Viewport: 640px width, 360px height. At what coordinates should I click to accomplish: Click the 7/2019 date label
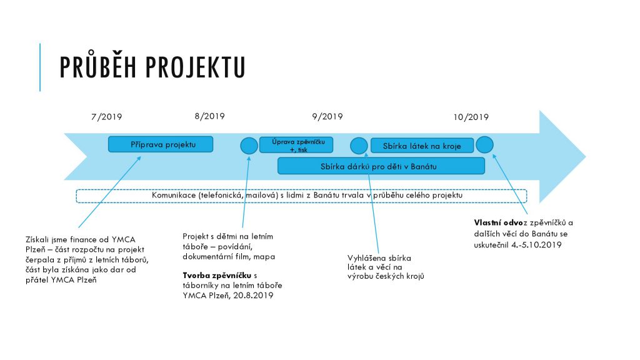pyautogui.click(x=106, y=117)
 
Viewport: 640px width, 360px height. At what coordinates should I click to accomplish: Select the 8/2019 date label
pyautogui.click(x=210, y=116)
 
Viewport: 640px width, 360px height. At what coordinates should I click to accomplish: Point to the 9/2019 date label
pyautogui.click(x=327, y=116)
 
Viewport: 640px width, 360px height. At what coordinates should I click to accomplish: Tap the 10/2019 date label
pyautogui.click(x=471, y=117)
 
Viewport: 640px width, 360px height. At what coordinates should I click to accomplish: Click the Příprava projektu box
pyautogui.click(x=161, y=144)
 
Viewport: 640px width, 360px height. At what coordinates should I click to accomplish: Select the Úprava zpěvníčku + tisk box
pyautogui.click(x=296, y=145)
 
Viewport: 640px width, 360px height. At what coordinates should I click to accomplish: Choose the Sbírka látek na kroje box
pyautogui.click(x=422, y=146)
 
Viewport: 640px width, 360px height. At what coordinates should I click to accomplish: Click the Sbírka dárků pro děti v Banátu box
pyautogui.click(x=381, y=166)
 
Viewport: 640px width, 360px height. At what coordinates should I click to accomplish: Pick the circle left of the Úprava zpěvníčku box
pyautogui.click(x=249, y=146)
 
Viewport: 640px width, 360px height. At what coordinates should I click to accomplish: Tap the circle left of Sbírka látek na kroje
pyautogui.click(x=359, y=146)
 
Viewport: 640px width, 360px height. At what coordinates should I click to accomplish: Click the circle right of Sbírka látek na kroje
pyautogui.click(x=484, y=144)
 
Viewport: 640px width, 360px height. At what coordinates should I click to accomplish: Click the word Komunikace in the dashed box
pyautogui.click(x=174, y=195)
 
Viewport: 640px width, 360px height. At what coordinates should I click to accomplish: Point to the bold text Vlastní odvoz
pyautogui.click(x=498, y=223)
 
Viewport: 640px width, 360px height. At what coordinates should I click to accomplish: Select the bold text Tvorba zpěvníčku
pyautogui.click(x=217, y=276)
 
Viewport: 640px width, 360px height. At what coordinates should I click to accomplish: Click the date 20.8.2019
pyautogui.click(x=253, y=296)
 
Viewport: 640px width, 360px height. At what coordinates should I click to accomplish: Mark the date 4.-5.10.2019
pyautogui.click(x=536, y=245)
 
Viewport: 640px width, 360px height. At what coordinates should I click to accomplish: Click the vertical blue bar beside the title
pyautogui.click(x=40, y=67)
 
